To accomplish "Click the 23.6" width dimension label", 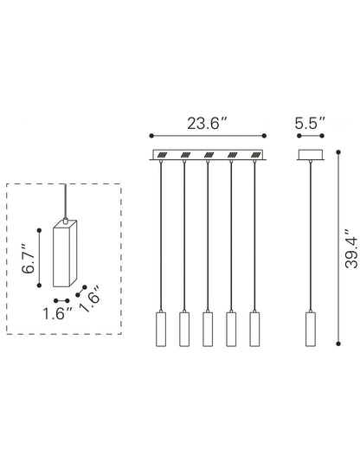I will pos(207,122).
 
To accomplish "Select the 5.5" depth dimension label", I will pos(310,122).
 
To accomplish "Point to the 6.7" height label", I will pos(28,257).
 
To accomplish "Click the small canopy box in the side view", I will pos(310,156).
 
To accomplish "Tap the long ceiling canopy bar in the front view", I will pos(208,156).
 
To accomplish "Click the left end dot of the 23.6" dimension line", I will pos(151,136).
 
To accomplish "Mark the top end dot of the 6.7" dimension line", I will pos(39,229).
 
